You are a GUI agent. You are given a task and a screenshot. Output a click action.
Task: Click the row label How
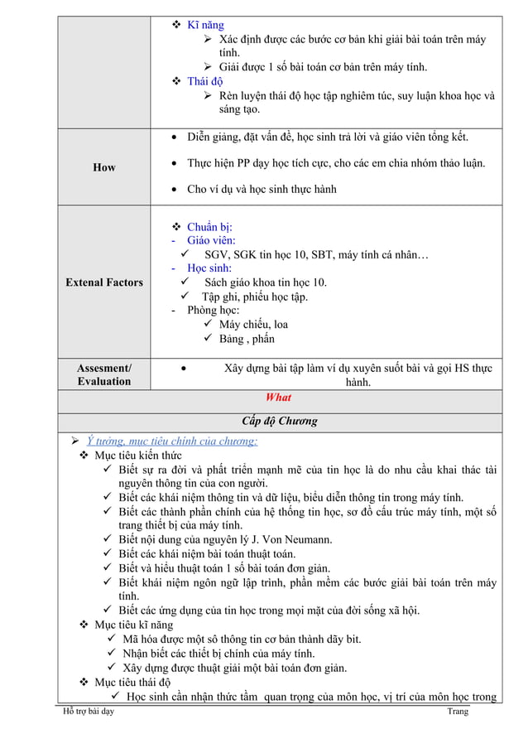(104, 167)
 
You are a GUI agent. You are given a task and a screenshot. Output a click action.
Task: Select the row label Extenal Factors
(105, 282)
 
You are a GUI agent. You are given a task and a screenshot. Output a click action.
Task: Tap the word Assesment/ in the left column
(104, 366)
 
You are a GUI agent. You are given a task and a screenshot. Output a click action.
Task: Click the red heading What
(279, 398)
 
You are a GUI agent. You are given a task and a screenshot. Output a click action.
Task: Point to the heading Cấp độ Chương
(279, 421)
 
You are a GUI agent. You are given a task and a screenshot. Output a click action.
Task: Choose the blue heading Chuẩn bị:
(209, 227)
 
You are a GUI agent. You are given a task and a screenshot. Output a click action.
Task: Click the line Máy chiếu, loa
(252, 325)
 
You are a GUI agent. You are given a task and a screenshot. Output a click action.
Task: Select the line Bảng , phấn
(247, 339)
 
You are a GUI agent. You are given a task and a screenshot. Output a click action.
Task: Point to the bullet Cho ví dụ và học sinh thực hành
(262, 189)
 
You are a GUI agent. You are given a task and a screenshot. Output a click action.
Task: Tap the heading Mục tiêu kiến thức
(138, 455)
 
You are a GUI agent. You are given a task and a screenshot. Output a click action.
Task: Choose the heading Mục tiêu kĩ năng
(134, 625)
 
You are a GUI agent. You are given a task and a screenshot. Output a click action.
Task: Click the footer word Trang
(457, 711)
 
